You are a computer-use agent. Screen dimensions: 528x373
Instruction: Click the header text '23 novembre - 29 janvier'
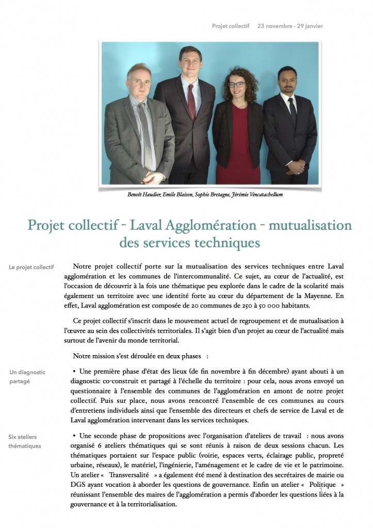pos(290,25)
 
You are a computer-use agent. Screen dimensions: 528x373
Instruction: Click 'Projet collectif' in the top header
pos(231,25)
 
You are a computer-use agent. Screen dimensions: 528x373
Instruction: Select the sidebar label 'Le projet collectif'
pos(31,267)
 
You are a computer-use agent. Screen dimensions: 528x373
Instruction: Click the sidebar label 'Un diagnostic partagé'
pos(27,376)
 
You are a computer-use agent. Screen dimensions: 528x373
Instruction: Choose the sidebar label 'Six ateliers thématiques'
pos(25,441)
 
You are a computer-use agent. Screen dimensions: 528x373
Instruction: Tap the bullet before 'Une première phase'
pos(75,371)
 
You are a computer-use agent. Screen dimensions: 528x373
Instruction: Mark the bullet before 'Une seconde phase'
pos(75,436)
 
